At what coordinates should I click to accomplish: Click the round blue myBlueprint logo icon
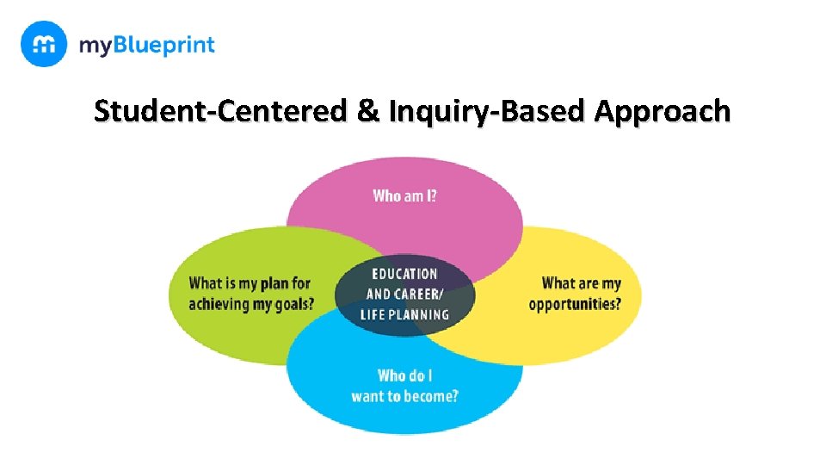[x=43, y=44]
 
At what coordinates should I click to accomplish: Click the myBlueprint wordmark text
[x=146, y=45]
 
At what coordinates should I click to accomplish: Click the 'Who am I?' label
[x=404, y=196]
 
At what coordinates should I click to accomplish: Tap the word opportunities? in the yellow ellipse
[x=575, y=304]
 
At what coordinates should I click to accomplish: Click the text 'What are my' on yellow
[x=581, y=283]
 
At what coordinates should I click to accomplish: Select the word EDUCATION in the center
[x=404, y=274]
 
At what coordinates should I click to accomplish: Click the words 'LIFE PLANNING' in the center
[x=404, y=314]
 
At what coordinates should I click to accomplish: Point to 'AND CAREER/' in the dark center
[x=404, y=294]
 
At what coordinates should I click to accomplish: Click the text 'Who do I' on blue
[x=404, y=375]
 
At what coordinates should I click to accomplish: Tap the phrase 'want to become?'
[x=404, y=396]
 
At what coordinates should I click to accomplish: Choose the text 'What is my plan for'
[x=250, y=283]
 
